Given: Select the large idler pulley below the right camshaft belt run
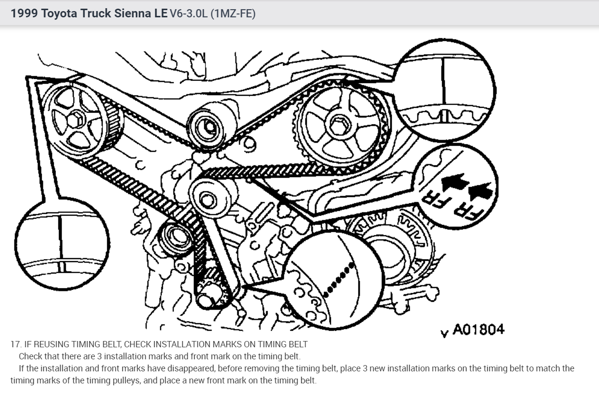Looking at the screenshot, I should click(x=207, y=197).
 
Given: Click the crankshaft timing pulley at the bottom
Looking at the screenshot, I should click(x=212, y=291).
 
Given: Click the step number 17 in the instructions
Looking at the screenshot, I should click(x=14, y=344).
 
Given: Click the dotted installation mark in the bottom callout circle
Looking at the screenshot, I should click(x=340, y=278).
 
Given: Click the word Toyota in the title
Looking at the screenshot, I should click(x=60, y=14).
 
